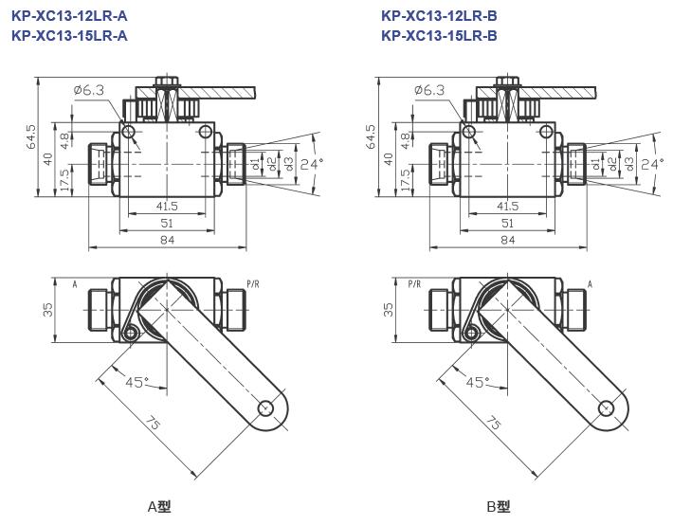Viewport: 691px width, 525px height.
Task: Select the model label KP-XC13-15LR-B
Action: [439, 35]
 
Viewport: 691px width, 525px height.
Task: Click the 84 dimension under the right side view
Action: [507, 240]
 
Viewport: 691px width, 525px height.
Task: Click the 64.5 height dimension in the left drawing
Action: [30, 138]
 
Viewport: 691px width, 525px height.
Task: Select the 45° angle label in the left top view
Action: [137, 382]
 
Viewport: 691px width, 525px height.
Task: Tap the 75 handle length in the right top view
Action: [491, 423]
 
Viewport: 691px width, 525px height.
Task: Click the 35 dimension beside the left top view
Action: [47, 310]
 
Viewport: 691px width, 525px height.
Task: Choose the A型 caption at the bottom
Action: [158, 506]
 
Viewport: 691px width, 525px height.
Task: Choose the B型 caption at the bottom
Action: [499, 506]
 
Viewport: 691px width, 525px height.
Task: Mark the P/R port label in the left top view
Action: [253, 283]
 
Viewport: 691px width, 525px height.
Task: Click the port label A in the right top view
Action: [590, 283]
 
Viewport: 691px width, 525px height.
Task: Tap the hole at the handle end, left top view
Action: [266, 407]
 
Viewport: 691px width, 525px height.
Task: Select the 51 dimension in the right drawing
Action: [507, 223]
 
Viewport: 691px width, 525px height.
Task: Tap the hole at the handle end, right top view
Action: [607, 407]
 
